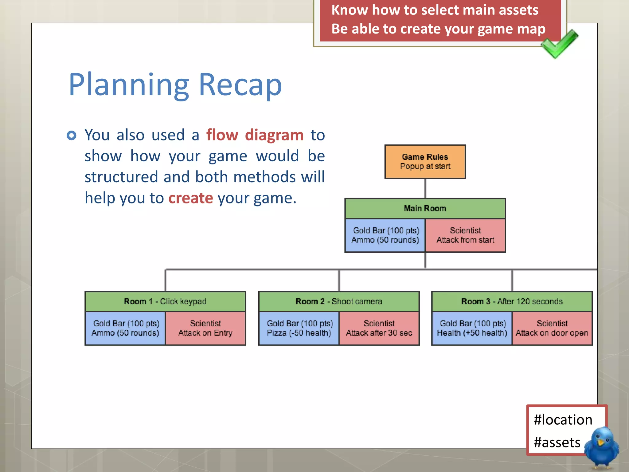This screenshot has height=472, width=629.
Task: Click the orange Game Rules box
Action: coord(425,162)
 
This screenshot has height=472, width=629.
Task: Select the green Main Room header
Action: coord(425,208)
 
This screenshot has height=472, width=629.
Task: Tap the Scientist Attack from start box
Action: coord(465,235)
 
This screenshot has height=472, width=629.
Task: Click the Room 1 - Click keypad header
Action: coord(165,301)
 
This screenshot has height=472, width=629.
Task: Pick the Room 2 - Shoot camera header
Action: coord(339,301)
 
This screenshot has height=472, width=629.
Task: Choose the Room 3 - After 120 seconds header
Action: coord(512,301)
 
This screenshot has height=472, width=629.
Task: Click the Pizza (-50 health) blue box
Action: coord(299,328)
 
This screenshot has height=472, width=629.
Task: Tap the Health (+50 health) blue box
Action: coord(472,328)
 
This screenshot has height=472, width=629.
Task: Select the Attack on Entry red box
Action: coord(205,328)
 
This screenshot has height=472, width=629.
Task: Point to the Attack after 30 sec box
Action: coord(379,328)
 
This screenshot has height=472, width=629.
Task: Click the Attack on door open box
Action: coord(552,328)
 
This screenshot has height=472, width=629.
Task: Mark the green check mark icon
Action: coord(559,44)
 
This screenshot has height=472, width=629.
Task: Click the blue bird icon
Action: coord(601,447)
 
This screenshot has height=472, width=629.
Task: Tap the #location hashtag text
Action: coord(563,420)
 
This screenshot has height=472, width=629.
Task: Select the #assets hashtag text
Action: coord(557,442)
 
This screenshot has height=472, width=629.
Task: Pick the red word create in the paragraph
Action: coord(190,198)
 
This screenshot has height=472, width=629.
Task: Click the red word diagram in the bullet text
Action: coord(274,135)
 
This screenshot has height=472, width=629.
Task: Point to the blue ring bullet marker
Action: coord(72,135)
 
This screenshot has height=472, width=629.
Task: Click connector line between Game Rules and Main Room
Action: coord(425,189)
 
